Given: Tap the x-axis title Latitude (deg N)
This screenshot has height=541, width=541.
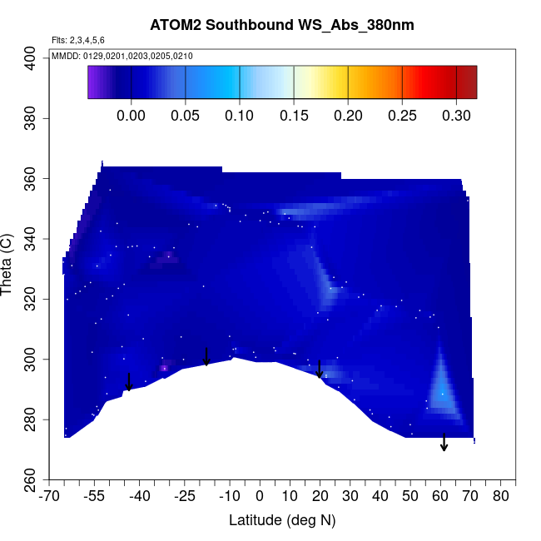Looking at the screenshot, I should pos(281,520).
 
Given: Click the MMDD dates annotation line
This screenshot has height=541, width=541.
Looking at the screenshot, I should pos(122,56).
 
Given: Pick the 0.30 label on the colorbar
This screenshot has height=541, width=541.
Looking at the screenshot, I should pos(456,115).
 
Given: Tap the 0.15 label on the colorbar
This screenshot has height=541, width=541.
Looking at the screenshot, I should pos(294,115).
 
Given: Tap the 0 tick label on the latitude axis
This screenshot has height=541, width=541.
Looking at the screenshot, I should pos(260,497).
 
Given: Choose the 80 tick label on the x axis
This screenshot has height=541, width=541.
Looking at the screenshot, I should pos(501,497).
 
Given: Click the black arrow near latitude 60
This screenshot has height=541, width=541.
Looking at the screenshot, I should pos(444,442).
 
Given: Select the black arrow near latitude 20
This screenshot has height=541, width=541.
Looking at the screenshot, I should pos(320,370).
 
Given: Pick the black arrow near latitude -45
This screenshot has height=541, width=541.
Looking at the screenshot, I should pos(129,382).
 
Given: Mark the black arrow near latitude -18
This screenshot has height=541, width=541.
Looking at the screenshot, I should pos(207,356).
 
